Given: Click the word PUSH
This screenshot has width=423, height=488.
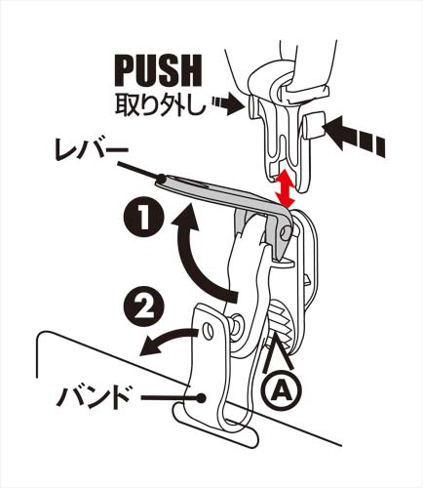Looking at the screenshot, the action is pyautogui.click(x=158, y=71).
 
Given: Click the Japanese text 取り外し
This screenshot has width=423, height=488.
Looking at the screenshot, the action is pyautogui.click(x=161, y=105).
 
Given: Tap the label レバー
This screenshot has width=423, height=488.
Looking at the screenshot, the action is pyautogui.click(x=92, y=152).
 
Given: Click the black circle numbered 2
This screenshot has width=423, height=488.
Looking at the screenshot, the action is pyautogui.click(x=144, y=306).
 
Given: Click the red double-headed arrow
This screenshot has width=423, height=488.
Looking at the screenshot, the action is pyautogui.click(x=284, y=188).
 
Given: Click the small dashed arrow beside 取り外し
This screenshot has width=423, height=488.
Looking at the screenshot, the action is pyautogui.click(x=228, y=104).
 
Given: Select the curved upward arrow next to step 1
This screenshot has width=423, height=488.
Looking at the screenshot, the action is pyautogui.click(x=202, y=251).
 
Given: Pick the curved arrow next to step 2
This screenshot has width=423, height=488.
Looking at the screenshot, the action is pyautogui.click(x=170, y=344).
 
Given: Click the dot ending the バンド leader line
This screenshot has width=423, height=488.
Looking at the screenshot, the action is pyautogui.click(x=202, y=397).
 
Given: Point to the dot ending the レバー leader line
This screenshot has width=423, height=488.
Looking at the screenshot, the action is pyautogui.click(x=161, y=179).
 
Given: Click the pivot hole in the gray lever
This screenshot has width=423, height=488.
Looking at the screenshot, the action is pyautogui.click(x=286, y=231).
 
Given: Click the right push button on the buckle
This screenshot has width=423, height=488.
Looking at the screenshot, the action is pyautogui.click(x=314, y=125).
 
